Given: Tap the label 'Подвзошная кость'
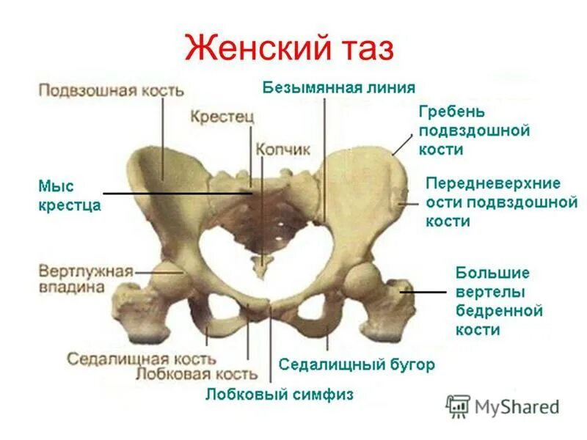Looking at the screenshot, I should pos(111,90).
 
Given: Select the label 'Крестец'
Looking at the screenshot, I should pos(222,116).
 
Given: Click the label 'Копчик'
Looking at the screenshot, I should pos(282,149).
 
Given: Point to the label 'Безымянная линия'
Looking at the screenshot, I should pos(338,87).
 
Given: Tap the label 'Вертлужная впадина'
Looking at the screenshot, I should pos(84,279).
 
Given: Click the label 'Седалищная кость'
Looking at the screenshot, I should pos(141,359).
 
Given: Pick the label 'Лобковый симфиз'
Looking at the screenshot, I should pos(279,395).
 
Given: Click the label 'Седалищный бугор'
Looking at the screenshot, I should pos(357,364).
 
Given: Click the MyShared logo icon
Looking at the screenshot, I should pos(459,406).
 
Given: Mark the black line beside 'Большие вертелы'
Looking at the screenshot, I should pos(424,292).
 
